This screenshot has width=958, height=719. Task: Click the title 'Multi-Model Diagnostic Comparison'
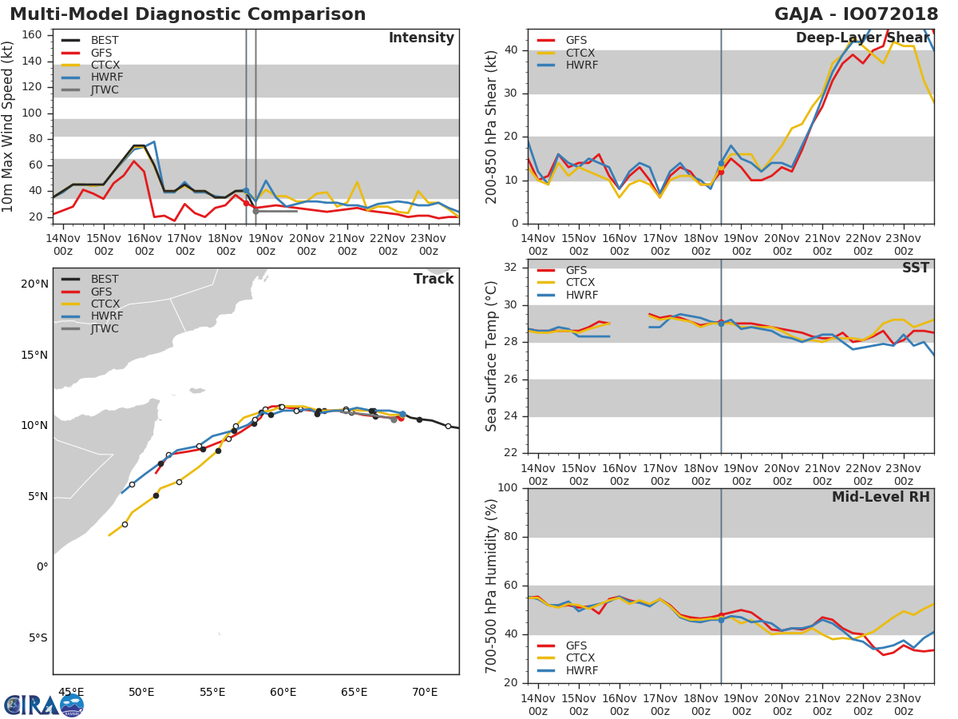[x=188, y=14]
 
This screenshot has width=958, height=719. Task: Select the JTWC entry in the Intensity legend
[x=105, y=89]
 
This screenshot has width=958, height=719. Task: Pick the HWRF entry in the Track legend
[x=105, y=316]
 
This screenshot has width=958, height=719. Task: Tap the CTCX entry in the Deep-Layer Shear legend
[x=581, y=53]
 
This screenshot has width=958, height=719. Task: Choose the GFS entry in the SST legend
[x=576, y=270]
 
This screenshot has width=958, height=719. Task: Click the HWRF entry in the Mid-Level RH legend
[x=581, y=670]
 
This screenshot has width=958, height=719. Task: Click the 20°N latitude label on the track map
[x=34, y=284]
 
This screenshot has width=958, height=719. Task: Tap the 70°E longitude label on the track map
[x=425, y=692]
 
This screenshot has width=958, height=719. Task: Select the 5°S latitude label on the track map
[x=36, y=638]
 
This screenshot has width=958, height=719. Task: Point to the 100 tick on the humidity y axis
[x=510, y=488]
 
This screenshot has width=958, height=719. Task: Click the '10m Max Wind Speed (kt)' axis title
[x=9, y=126]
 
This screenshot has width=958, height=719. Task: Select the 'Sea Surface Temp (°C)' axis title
[x=492, y=356]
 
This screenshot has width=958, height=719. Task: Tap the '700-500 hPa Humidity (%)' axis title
[x=492, y=586]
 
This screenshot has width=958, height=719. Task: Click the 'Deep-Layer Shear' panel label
[x=862, y=38]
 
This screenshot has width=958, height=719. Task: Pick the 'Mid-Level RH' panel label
[x=881, y=497]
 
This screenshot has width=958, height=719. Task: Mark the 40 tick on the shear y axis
[x=513, y=50]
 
